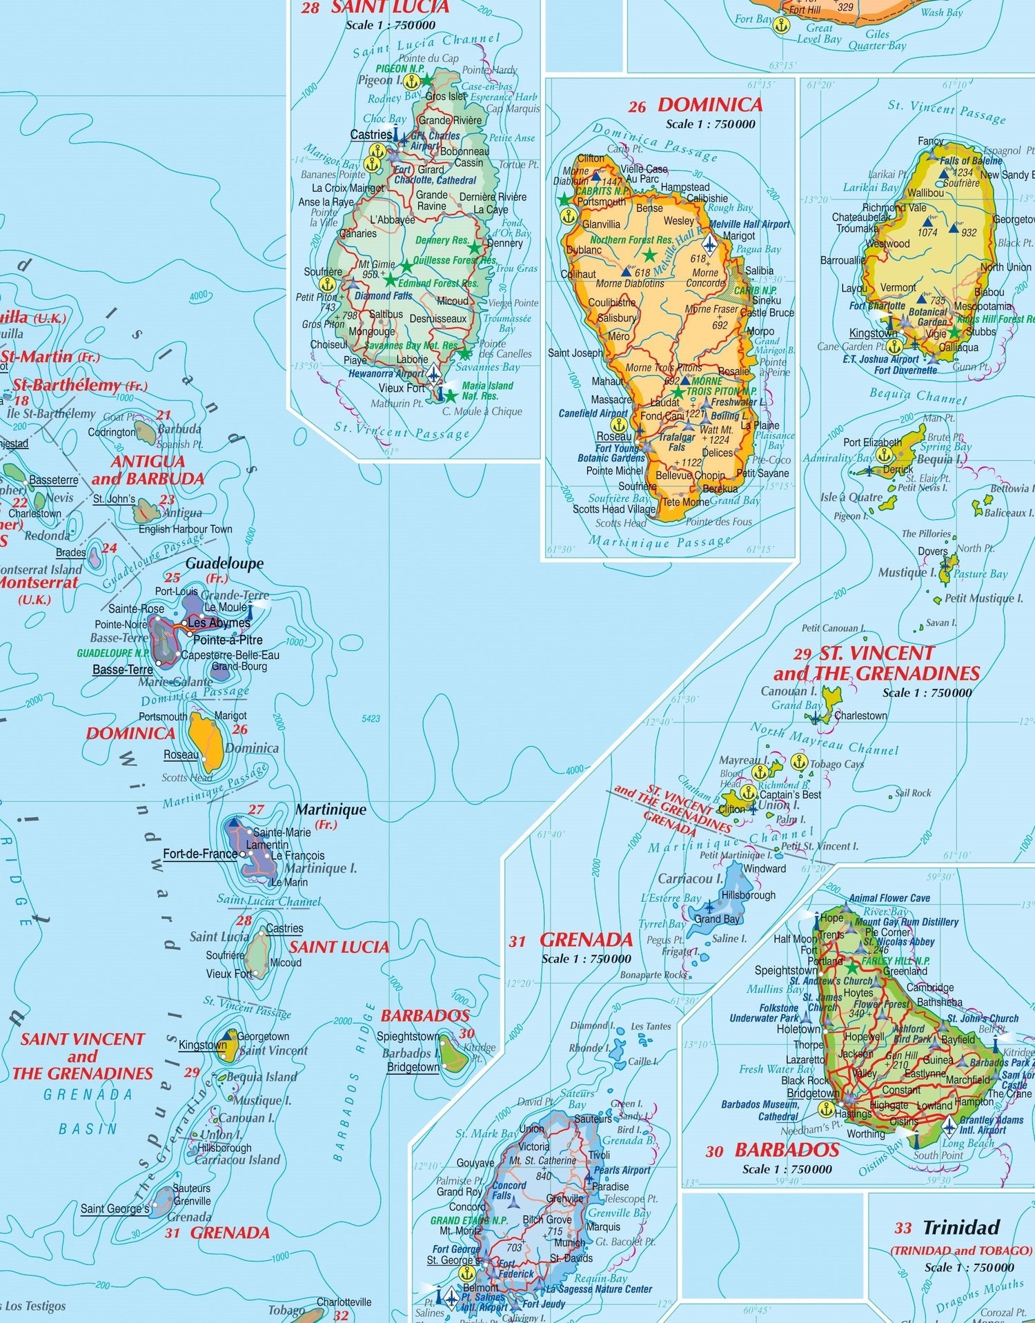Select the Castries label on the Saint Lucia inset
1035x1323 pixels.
(x=371, y=135)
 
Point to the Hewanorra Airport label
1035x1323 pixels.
(x=386, y=373)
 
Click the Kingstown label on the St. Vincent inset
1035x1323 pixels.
(x=874, y=333)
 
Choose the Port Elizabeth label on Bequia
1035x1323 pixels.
(x=872, y=442)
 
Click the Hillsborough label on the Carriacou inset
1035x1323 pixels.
(x=748, y=895)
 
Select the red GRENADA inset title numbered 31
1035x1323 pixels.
(x=586, y=939)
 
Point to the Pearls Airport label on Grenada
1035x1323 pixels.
(x=622, y=1170)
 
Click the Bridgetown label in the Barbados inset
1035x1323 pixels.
(x=813, y=1093)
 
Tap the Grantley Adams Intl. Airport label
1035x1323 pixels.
(x=992, y=1125)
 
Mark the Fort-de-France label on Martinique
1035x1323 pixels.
(x=200, y=854)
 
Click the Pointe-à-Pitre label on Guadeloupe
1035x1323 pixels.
(x=228, y=640)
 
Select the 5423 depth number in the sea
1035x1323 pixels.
(x=371, y=718)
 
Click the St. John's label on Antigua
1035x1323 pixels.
(x=115, y=499)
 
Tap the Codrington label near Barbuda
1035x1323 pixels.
(x=112, y=433)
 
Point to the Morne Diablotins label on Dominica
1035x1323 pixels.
(x=629, y=284)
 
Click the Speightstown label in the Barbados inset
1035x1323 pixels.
(x=787, y=970)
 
